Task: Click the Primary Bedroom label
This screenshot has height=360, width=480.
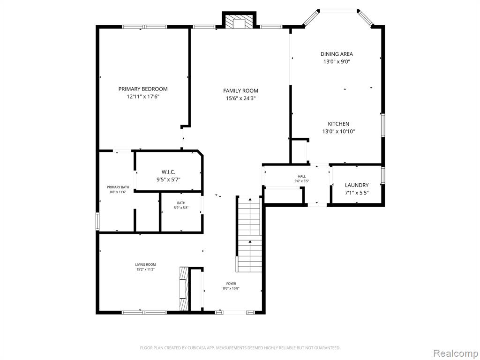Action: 143,89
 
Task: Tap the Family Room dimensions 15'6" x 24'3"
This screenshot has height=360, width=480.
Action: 240,98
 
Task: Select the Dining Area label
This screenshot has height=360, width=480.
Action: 337,54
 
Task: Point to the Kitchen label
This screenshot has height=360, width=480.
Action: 338,124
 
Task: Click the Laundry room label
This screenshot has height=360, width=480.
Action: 357,185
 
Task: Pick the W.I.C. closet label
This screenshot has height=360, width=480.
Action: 168,172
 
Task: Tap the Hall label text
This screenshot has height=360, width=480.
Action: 302,176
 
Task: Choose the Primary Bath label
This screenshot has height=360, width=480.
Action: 118,187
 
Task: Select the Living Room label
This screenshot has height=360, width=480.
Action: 145,264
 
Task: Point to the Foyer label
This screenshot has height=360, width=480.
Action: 231,284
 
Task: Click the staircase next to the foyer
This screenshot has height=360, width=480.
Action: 250,234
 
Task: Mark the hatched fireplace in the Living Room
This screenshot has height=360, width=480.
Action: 183,289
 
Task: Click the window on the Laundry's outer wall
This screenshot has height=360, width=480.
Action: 382,175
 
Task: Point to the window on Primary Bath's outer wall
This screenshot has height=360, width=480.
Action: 97,222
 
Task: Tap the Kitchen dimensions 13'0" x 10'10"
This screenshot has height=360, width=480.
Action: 338,132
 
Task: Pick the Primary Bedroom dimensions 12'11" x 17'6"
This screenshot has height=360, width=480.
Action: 143,97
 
